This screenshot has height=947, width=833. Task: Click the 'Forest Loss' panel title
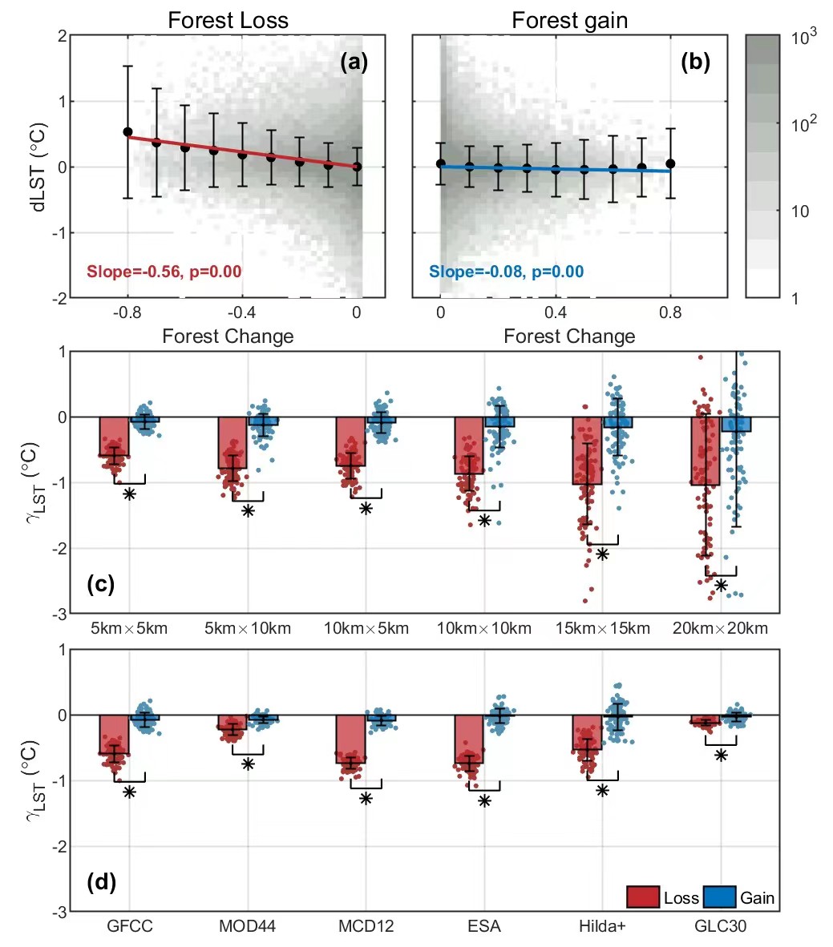click(x=228, y=20)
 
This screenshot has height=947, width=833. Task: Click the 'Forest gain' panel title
click(x=569, y=20)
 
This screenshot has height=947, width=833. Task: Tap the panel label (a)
click(x=354, y=62)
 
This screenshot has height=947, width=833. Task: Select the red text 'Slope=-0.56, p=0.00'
click(x=164, y=272)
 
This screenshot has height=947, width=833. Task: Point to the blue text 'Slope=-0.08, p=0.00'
click(x=506, y=272)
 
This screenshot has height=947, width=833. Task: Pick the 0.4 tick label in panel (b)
click(x=556, y=312)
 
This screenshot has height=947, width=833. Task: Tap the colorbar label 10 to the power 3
click(x=804, y=38)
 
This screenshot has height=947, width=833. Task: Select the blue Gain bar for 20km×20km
click(x=736, y=425)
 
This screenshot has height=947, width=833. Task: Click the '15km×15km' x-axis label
click(x=603, y=628)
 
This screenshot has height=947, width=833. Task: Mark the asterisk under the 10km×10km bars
click(x=484, y=521)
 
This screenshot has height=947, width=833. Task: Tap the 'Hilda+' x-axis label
click(x=602, y=926)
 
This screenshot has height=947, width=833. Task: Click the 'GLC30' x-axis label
click(x=721, y=926)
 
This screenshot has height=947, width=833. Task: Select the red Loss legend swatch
click(x=643, y=897)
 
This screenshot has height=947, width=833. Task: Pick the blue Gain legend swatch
click(x=719, y=897)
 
